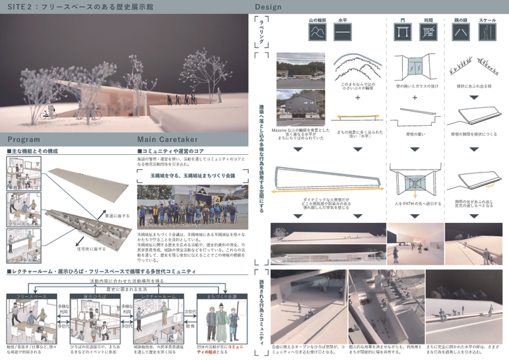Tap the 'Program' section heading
pyautogui.click(x=24, y=139)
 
